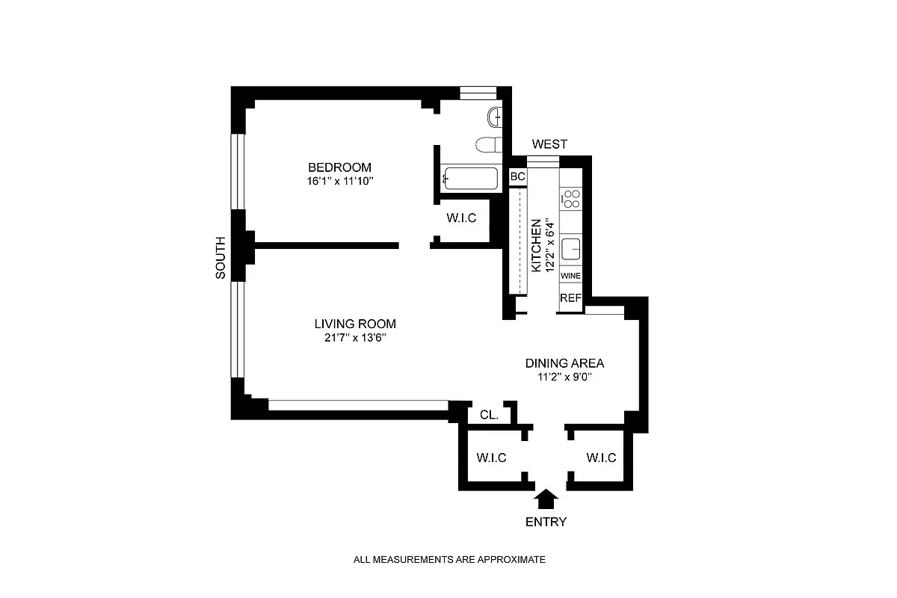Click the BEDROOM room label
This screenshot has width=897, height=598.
(x=340, y=167)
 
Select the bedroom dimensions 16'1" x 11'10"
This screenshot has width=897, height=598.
(x=340, y=180)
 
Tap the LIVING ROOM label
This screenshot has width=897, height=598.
(x=354, y=324)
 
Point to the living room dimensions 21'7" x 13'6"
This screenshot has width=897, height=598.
(x=354, y=338)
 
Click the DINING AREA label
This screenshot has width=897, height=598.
(x=564, y=363)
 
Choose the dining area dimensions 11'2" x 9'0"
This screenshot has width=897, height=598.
(x=564, y=377)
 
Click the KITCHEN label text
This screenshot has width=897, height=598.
(x=536, y=246)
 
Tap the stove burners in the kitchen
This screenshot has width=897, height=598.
(x=571, y=198)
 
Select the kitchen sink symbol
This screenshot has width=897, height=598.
(x=571, y=247)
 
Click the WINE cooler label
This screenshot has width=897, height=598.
(x=570, y=276)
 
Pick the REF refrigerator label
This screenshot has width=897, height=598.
(x=570, y=298)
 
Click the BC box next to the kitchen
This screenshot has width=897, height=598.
(x=517, y=177)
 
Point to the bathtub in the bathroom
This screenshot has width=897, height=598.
(x=470, y=178)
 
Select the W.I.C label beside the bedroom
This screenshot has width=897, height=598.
(x=462, y=218)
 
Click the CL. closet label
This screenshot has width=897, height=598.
(x=490, y=414)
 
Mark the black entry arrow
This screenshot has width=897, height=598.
(x=547, y=499)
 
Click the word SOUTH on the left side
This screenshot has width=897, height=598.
(x=221, y=258)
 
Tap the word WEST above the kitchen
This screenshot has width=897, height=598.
(x=549, y=144)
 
